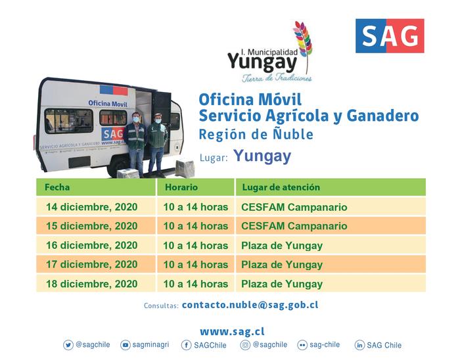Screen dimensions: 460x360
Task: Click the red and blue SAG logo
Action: pos(390,35)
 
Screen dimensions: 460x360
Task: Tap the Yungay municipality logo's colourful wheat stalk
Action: pos(304,44)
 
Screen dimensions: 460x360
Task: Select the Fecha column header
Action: pos(57,187)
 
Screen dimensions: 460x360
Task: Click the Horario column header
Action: pos(181,187)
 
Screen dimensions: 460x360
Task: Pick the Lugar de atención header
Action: pos(281,187)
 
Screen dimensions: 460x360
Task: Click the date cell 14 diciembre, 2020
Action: pos(92,207)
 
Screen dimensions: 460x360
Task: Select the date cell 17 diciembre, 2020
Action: pos(92,265)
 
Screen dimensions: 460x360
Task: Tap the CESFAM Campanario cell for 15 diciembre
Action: pos(294,226)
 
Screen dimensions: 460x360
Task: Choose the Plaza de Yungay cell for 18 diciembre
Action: pos(282,284)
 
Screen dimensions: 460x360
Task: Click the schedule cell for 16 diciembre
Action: pos(196,246)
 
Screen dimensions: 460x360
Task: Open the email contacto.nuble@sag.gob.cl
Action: pos(250,305)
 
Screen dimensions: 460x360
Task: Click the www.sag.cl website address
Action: pos(232,332)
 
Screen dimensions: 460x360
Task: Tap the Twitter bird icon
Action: pos(68,345)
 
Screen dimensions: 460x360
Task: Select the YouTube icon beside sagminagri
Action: pos(126,345)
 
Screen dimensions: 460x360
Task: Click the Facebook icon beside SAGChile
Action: pos(186,345)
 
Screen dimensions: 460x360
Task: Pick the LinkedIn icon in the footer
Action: pos(359,345)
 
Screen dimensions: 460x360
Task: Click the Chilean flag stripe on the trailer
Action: pos(114,90)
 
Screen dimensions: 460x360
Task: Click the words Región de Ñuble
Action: pos(256,135)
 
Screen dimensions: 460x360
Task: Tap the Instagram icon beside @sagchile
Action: pos(245,345)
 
